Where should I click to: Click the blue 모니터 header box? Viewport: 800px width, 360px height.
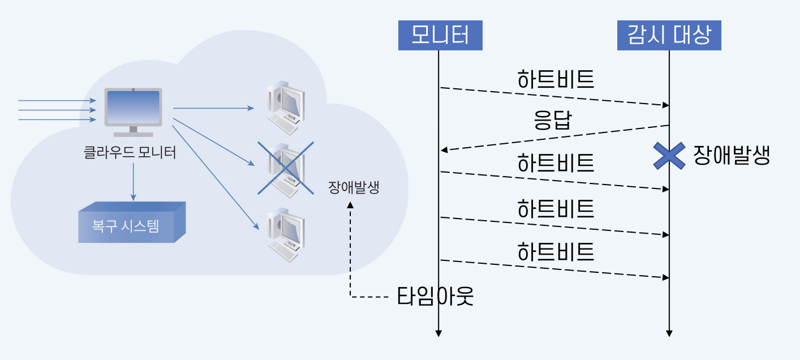coord(440,36)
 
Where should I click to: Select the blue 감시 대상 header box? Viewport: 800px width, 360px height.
coord(669,36)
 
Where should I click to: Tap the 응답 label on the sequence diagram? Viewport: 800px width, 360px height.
coord(553,121)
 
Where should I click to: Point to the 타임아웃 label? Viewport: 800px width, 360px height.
coord(435,296)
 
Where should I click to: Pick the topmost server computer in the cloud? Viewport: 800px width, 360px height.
coord(285,108)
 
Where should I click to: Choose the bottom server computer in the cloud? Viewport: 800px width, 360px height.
coord(285,235)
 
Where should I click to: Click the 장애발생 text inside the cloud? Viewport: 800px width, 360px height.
coord(353,188)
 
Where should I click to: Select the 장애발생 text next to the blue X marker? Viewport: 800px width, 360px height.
coord(732,155)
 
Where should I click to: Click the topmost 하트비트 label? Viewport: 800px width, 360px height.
coord(555,80)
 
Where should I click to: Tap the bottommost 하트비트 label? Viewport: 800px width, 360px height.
coord(555,251)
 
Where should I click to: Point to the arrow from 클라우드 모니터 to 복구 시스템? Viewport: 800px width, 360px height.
coord(134,181)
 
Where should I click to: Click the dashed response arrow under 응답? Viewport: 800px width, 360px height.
coord(554,138)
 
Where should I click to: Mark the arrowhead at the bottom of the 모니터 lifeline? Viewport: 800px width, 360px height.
coord(438,333)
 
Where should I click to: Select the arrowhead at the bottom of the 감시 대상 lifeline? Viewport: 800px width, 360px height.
coord(669,333)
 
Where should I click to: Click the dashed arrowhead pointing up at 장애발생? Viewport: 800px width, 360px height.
coord(351,207)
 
